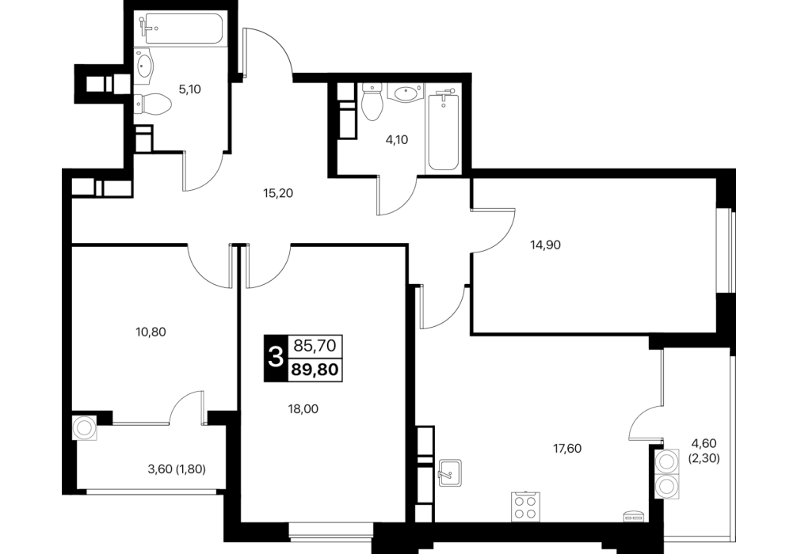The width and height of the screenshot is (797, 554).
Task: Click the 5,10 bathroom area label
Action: (189, 90)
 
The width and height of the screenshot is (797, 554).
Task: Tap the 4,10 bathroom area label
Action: (397, 139)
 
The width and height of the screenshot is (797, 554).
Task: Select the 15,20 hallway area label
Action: (279, 193)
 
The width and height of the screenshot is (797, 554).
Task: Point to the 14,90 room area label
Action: (545, 245)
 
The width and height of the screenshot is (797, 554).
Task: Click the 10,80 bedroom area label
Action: (151, 332)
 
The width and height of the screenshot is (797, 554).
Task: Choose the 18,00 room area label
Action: (303, 408)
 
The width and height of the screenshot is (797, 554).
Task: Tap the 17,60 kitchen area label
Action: (567, 449)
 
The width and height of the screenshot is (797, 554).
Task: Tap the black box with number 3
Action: (276, 358)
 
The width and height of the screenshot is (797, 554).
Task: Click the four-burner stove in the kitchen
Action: (525, 507)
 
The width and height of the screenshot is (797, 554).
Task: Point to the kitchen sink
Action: (450, 472)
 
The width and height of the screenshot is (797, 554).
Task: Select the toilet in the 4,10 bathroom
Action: (372, 101)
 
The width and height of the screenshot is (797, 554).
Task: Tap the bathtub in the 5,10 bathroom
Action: (182, 29)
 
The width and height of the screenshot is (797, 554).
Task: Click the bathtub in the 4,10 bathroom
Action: (444, 131)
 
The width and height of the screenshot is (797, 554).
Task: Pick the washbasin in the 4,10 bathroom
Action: (405, 93)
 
